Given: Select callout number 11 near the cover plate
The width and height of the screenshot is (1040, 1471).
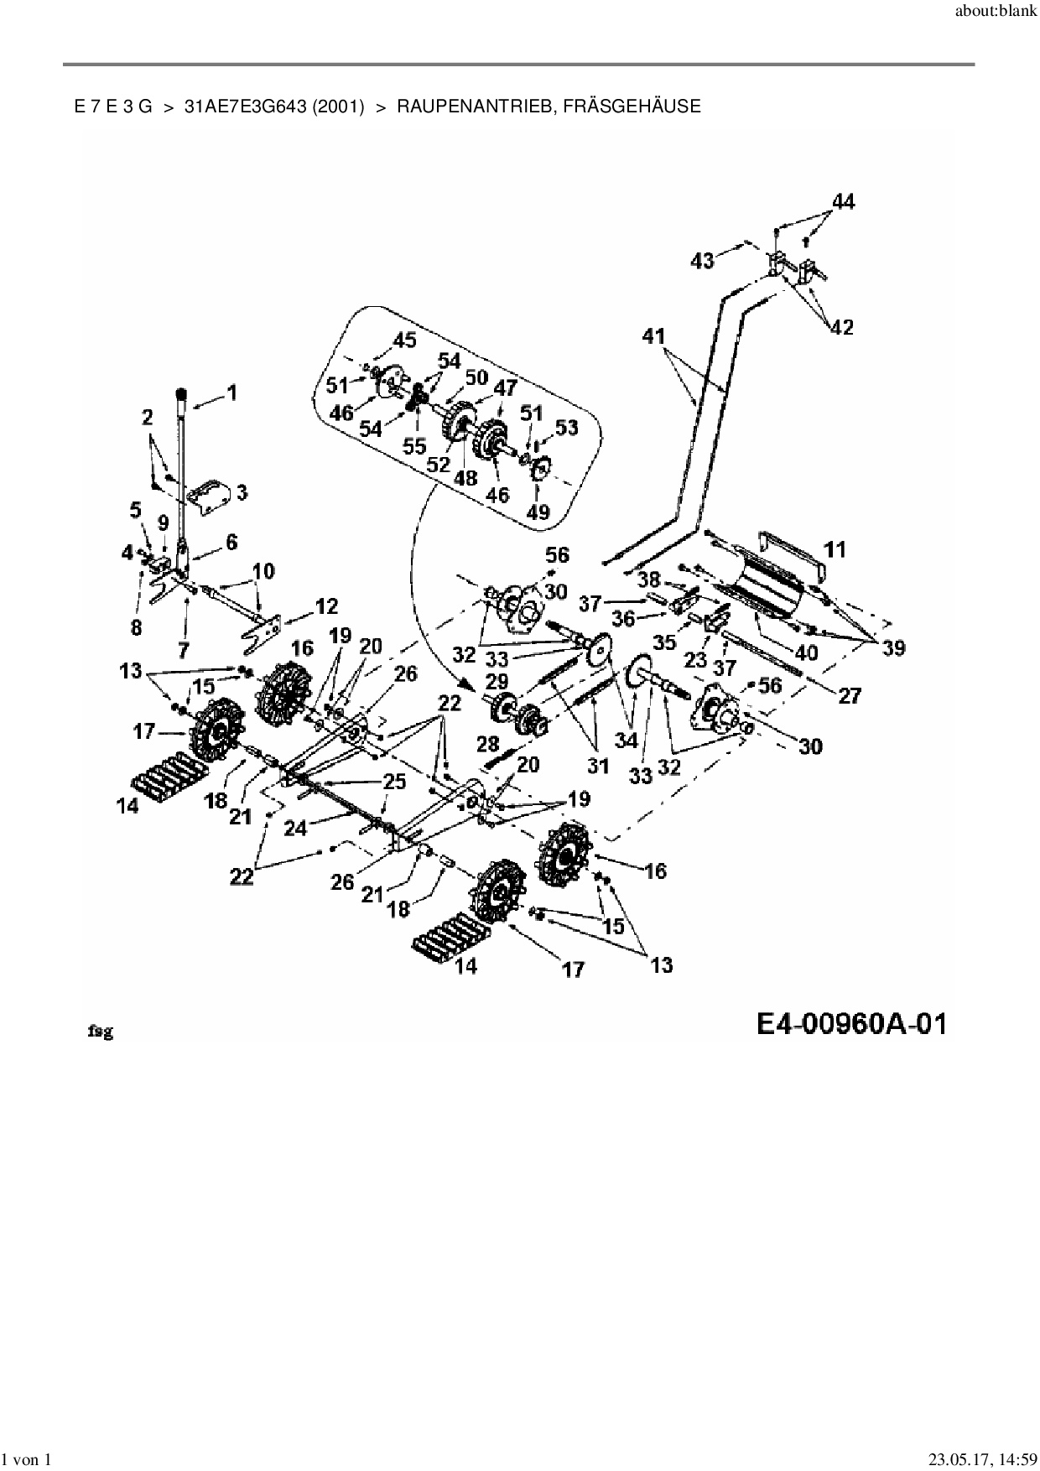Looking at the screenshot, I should (x=242, y=492).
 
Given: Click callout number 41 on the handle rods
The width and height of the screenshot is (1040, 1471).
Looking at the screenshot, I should (x=653, y=336).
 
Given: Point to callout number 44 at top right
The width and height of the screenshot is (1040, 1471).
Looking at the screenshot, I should (x=843, y=201).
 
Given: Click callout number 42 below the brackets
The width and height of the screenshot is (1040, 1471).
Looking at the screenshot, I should (x=841, y=327).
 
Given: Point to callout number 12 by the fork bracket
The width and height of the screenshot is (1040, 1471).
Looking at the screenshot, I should (x=325, y=606).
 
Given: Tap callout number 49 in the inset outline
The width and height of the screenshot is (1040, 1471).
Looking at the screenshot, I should (x=538, y=511).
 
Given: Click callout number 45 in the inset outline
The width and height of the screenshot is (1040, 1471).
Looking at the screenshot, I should (x=404, y=340).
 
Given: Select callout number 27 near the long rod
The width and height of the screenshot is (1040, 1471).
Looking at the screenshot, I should (x=850, y=694).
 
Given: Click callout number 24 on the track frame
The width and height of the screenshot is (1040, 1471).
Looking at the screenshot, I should (x=296, y=828).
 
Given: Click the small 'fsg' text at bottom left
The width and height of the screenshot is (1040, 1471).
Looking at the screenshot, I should (x=101, y=1032).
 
